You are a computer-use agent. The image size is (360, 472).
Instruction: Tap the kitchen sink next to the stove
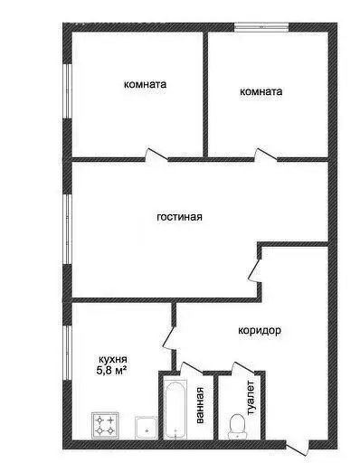(143, 426)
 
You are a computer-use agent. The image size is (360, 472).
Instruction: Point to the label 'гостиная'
(179, 217)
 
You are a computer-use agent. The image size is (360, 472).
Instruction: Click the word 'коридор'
(261, 331)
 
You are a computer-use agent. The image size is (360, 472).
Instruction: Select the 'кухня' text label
(111, 357)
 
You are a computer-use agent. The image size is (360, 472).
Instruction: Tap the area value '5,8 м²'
(111, 370)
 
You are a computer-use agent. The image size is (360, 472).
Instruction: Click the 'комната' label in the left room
(146, 85)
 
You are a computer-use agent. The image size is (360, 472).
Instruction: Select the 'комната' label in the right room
(261, 91)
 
